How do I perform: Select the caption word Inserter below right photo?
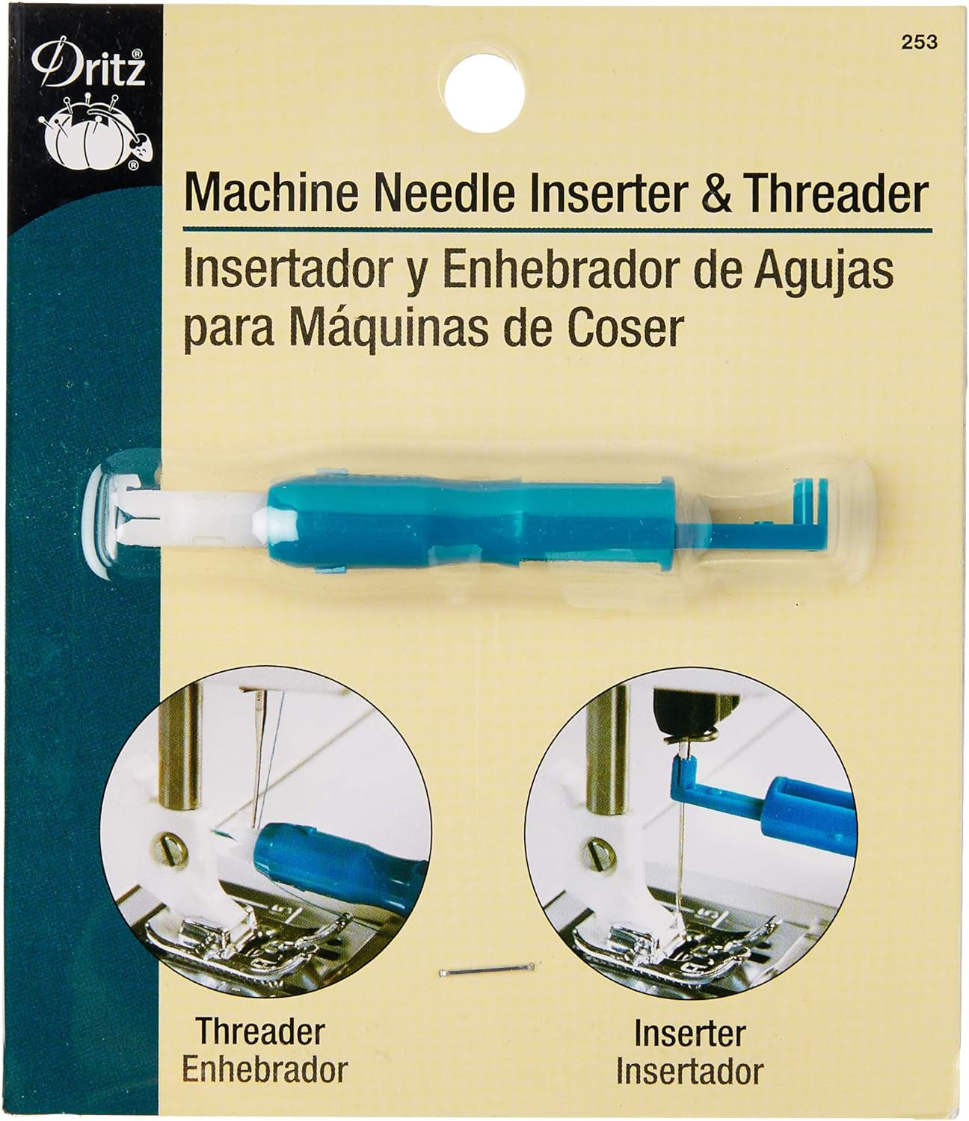689,1035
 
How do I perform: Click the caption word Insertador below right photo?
689,1072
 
